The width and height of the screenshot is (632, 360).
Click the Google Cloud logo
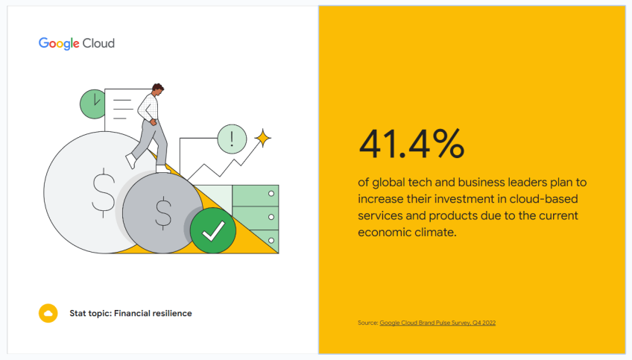pyautogui.click(x=77, y=43)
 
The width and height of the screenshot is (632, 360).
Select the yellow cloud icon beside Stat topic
pyautogui.click(x=48, y=313)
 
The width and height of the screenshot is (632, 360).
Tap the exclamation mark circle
pyautogui.click(x=232, y=138)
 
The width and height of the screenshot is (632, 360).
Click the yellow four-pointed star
pyautogui.click(x=262, y=138)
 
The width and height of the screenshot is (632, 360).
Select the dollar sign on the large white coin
pyautogui.click(x=103, y=192)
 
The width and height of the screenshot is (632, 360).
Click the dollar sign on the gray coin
pyautogui.click(x=162, y=212)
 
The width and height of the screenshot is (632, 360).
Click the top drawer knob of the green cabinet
pyautogui.click(x=271, y=194)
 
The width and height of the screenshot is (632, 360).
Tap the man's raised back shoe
pyautogui.click(x=131, y=161)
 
